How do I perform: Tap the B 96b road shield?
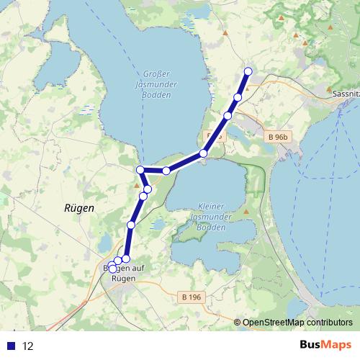tap(276, 137)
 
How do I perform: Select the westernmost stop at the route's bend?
tap(140, 170)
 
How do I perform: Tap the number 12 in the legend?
tap(28, 346)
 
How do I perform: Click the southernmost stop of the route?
tap(112, 269)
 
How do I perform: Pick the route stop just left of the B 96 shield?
tap(204, 153)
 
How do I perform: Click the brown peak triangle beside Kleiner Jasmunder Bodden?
tap(246, 212)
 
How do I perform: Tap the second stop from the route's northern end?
tap(238, 97)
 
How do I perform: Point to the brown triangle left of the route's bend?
tap(136, 185)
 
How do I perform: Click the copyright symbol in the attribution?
tap(237, 322)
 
